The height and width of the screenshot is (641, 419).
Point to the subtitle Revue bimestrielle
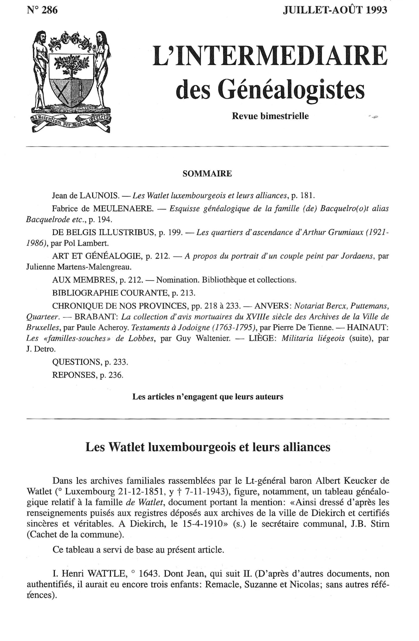(x=270, y=116)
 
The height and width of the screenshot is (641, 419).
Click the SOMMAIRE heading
(x=207, y=174)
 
